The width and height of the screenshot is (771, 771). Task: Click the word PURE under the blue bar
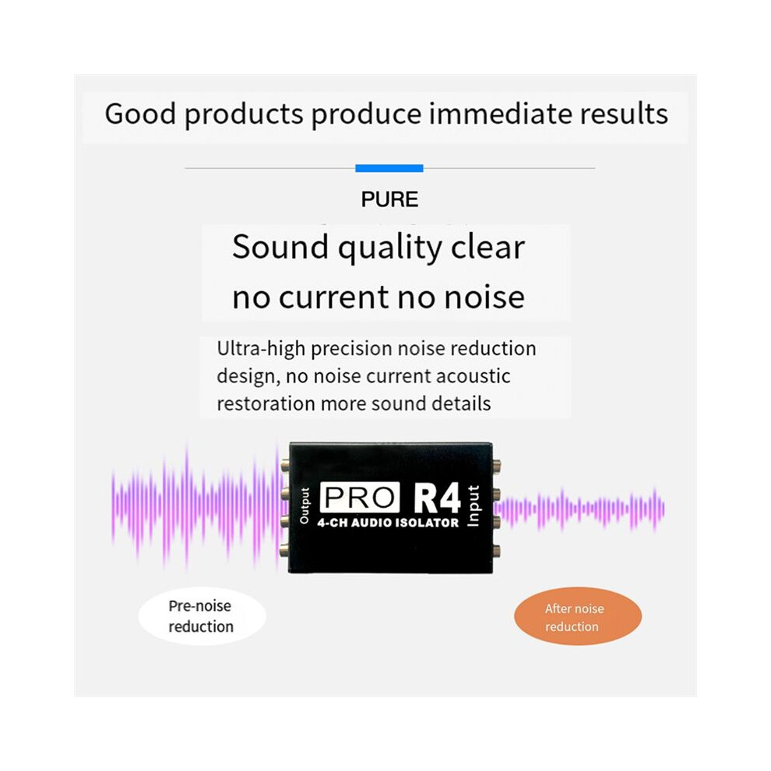[389, 199]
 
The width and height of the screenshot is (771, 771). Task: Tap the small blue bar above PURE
[389, 168]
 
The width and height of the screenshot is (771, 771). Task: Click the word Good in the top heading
[140, 114]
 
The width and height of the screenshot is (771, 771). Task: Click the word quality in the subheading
[390, 248]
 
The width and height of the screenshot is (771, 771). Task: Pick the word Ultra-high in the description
[261, 349]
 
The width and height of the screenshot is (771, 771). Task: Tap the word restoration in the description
[266, 403]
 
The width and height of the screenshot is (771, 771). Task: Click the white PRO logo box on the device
[360, 498]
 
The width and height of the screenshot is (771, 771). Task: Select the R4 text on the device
[437, 498]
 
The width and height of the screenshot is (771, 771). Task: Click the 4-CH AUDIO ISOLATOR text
[388, 523]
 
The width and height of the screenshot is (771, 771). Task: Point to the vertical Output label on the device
[305, 505]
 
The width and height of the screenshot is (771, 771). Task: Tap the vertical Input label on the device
[473, 506]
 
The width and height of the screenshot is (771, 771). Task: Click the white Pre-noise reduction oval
[202, 616]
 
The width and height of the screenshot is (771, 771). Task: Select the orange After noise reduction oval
[578, 616]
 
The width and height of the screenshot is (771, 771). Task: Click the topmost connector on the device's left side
[285, 465]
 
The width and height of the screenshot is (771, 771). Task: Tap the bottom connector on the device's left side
[284, 550]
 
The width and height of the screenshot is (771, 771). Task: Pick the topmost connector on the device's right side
[497, 465]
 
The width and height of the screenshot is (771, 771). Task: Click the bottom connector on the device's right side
[497, 551]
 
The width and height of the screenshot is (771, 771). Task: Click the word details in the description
[461, 403]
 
